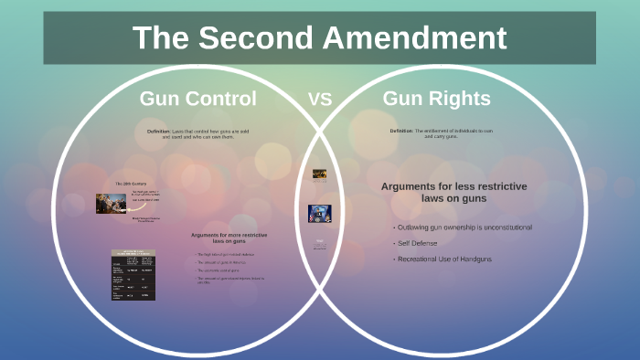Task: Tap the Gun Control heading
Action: (x=197, y=99)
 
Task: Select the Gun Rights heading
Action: (x=436, y=99)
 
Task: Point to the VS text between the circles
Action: (x=319, y=100)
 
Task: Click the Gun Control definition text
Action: (x=197, y=134)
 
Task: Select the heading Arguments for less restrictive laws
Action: (x=453, y=192)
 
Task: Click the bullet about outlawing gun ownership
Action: (x=463, y=227)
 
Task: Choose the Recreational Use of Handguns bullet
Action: (x=444, y=259)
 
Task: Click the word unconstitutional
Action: (x=503, y=227)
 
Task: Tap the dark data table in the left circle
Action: (x=133, y=275)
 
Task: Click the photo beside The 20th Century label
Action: (x=111, y=203)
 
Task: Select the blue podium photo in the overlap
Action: (x=319, y=213)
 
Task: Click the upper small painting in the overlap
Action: (x=319, y=174)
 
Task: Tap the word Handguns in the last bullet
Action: (x=476, y=259)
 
